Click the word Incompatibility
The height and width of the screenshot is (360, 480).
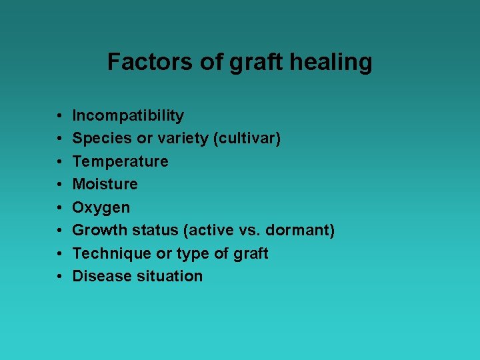click(x=128, y=116)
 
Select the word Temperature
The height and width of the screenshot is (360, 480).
click(x=120, y=162)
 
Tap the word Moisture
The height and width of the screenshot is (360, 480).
click(x=105, y=184)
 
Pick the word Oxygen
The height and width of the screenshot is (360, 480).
click(x=101, y=208)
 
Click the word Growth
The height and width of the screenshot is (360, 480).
click(x=99, y=231)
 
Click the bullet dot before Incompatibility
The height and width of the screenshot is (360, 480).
click(x=60, y=116)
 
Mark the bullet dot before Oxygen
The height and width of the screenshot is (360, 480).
click(x=60, y=207)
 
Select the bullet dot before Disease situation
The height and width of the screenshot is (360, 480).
click(x=60, y=276)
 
